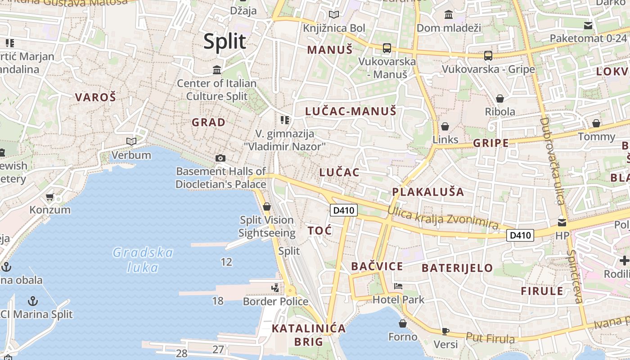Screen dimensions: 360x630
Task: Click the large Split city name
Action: [225, 41]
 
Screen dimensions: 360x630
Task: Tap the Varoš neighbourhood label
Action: [95, 97]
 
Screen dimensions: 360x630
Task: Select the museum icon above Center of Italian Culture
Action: [217, 70]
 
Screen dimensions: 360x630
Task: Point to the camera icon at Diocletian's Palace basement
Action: [220, 158]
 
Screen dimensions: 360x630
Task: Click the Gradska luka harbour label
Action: [143, 260]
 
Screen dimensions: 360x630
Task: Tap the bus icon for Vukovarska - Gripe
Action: [488, 56]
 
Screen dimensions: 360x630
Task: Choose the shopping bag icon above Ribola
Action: [500, 99]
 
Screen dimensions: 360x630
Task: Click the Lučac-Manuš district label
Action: [351, 111]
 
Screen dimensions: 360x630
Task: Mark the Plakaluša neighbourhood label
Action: [427, 192]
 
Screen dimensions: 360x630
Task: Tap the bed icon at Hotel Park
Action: [398, 286]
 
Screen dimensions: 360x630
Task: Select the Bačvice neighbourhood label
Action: [377, 266]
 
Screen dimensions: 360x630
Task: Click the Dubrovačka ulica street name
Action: [552, 161]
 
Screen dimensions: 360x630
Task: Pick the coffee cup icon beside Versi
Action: [445, 331]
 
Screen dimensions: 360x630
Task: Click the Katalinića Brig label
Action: [309, 335]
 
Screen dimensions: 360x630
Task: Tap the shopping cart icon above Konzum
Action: [50, 197]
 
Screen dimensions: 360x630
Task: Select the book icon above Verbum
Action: [131, 142]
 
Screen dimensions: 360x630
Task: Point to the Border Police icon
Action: [275, 288]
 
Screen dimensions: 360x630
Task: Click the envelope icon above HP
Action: [562, 222]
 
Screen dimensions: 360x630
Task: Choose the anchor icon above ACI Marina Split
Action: [33, 301]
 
